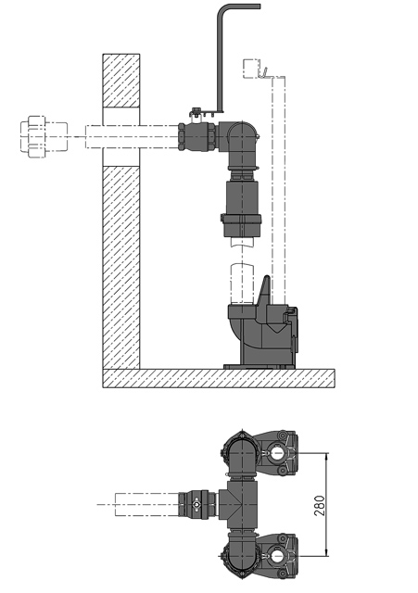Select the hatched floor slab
pos(218,378)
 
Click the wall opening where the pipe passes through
pos(120,134)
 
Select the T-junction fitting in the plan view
pos(241,505)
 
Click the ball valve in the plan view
pos(197,505)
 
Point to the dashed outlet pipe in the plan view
pos(139,505)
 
